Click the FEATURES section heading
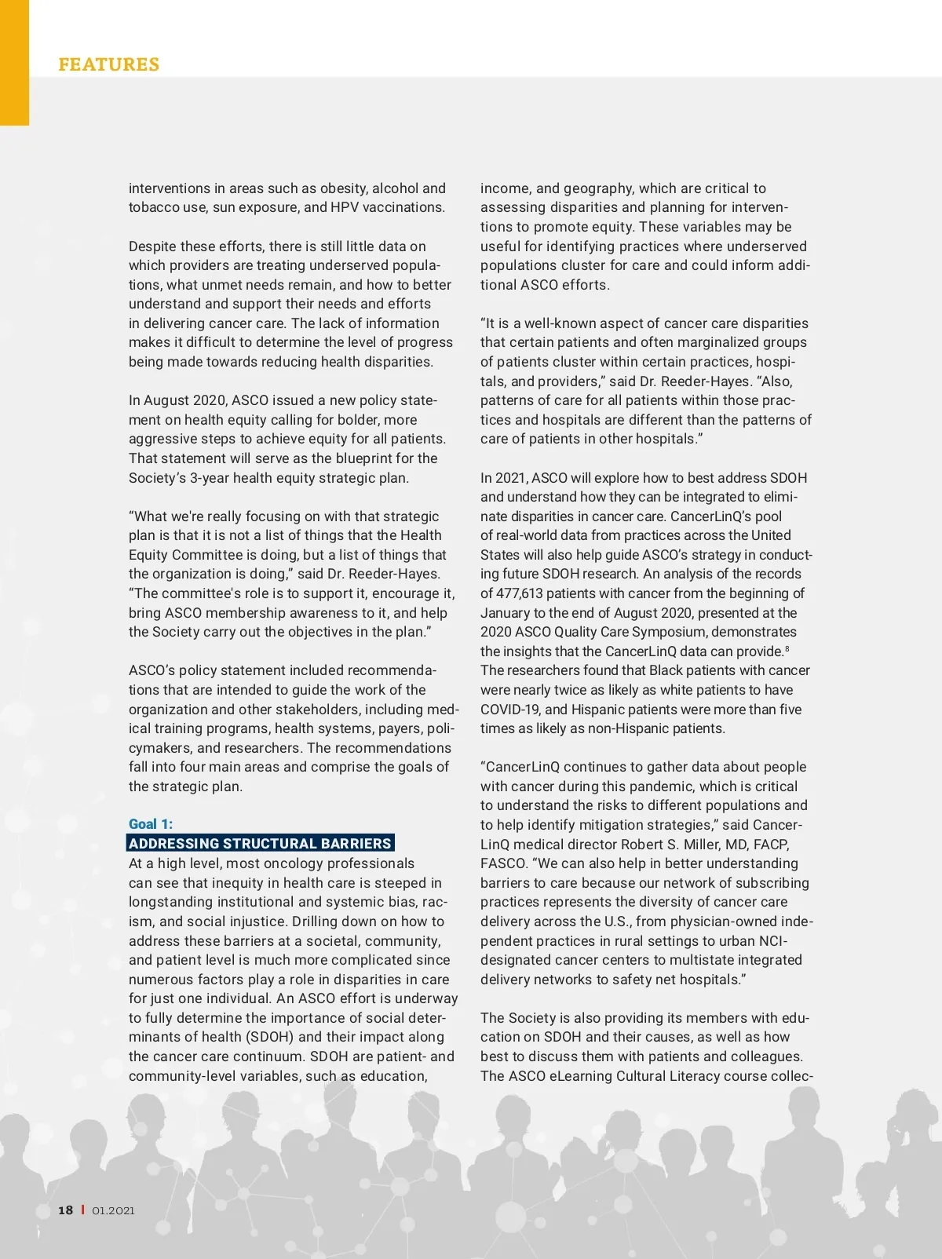[x=108, y=64]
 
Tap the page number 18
[x=66, y=1210]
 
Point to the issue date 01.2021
[x=113, y=1210]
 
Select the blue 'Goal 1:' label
[x=151, y=824]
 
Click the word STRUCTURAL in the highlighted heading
[x=270, y=844]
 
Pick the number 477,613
[x=524, y=593]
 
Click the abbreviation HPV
[x=345, y=207]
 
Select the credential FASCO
[x=504, y=863]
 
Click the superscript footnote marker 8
[x=787, y=648]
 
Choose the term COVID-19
[x=510, y=710]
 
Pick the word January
[x=505, y=613]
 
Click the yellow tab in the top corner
[x=14, y=63]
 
